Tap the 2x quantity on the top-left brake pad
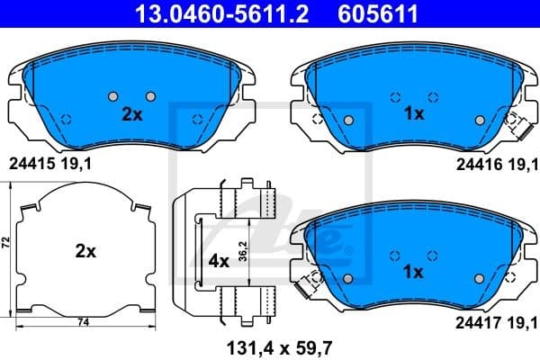pyautogui.click(x=131, y=115)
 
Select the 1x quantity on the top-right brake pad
pyautogui.click(x=414, y=115)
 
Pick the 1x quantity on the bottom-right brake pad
pyautogui.click(x=414, y=271)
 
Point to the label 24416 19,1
pyautogui.click(x=491, y=164)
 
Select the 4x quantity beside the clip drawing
pyautogui.click(x=219, y=261)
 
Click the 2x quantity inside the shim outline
pyautogui.click(x=85, y=253)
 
